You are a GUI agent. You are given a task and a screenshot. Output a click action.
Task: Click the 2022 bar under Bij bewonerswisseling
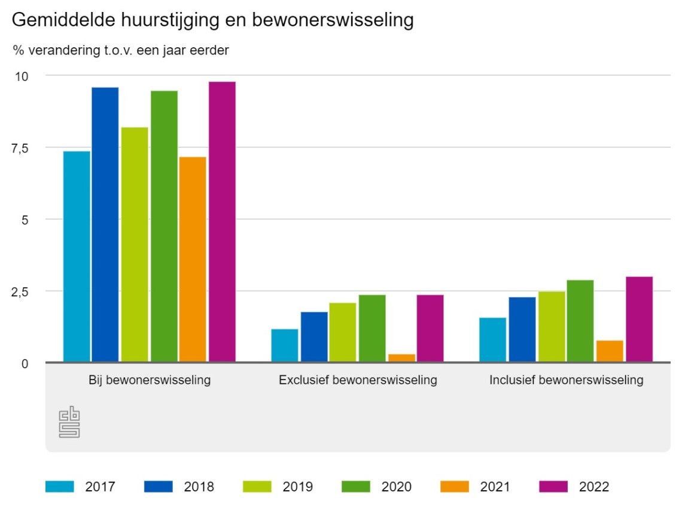(222, 221)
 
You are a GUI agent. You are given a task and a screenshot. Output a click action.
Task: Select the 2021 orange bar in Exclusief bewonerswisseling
(401, 358)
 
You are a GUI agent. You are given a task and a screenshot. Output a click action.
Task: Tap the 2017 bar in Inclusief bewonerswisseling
(492, 339)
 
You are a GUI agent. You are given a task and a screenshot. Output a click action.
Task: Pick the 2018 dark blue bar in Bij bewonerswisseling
(105, 224)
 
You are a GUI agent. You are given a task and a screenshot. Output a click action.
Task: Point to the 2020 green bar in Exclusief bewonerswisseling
(372, 328)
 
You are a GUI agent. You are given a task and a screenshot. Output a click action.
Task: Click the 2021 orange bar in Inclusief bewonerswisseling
(610, 351)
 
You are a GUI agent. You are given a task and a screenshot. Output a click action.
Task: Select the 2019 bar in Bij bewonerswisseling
(134, 244)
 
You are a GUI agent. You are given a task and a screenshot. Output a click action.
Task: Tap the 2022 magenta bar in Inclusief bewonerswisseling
(639, 319)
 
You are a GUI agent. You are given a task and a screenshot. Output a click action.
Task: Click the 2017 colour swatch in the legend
(60, 487)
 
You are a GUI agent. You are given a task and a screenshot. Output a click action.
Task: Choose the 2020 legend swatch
(355, 487)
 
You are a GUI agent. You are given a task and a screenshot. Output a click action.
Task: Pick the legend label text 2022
(594, 487)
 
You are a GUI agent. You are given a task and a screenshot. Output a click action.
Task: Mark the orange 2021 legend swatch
(455, 487)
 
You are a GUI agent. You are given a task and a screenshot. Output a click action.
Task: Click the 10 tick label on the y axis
(22, 76)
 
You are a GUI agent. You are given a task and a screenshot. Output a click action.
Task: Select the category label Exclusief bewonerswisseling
(358, 380)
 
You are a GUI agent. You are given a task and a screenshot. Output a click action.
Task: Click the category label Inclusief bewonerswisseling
(566, 380)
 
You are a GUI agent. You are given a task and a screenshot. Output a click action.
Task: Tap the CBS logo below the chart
(69, 422)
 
